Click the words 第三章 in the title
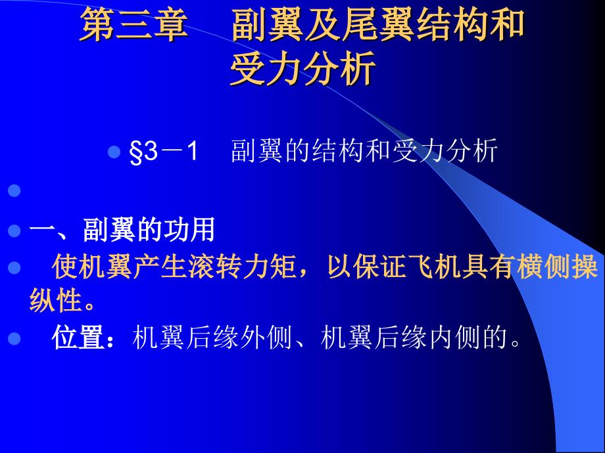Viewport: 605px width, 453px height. coord(134,24)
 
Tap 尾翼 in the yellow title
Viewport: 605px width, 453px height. coord(377,24)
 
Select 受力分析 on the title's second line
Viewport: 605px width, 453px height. coord(303,68)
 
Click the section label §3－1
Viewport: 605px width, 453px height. coord(164,152)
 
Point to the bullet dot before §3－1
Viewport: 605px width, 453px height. coord(114,152)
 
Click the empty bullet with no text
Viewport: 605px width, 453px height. coord(14,190)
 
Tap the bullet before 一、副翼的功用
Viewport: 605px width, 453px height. coord(14,230)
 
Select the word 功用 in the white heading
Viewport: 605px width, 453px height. coord(188,230)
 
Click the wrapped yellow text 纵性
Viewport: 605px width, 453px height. coord(56,300)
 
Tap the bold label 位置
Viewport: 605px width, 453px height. coord(78,337)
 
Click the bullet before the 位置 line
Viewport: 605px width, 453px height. coord(14,339)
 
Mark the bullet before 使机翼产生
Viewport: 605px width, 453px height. coord(14,267)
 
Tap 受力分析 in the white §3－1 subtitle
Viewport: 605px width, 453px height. coord(445,150)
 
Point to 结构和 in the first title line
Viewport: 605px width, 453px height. coord(470,24)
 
